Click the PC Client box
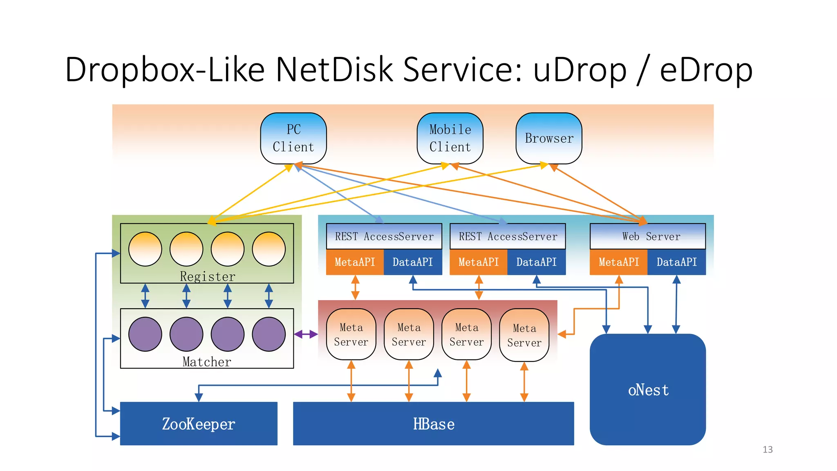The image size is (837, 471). click(293, 138)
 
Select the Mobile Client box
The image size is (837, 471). click(450, 138)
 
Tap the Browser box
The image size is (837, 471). click(549, 138)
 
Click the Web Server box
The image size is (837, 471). click(648, 236)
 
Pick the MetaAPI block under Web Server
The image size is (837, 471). click(619, 262)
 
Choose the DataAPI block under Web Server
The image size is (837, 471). click(677, 262)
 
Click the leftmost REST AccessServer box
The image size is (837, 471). click(384, 236)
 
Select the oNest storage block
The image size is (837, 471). click(648, 390)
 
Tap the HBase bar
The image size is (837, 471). click(433, 424)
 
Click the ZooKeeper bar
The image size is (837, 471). click(199, 424)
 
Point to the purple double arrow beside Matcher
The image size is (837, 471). click(306, 334)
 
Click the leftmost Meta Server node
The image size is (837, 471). click(351, 334)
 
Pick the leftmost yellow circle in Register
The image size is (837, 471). click(145, 249)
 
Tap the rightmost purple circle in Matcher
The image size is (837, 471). click(269, 334)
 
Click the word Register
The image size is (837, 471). click(208, 277)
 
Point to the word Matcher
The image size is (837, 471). click(207, 362)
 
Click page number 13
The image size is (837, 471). click(768, 450)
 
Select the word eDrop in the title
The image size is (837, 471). click(706, 70)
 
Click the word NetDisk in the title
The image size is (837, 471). click(335, 70)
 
